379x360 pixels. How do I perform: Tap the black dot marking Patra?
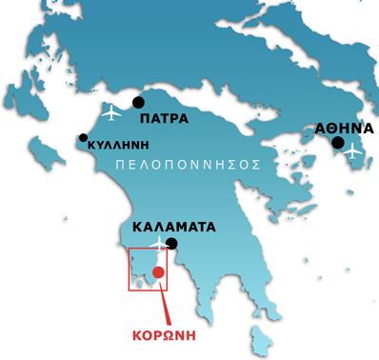pos(138,102)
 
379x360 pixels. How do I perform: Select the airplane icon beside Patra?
pos(111,112)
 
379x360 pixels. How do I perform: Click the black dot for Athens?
pos(337,143)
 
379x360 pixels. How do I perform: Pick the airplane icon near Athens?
pos(353,150)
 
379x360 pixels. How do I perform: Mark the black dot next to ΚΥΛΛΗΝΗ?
pos(83,138)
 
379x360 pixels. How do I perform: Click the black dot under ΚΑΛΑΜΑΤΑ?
pos(171,244)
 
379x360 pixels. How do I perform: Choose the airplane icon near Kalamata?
pos(156,247)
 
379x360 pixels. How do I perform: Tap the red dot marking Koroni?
pos(158,273)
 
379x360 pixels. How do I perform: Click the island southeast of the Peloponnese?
pos(257,337)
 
